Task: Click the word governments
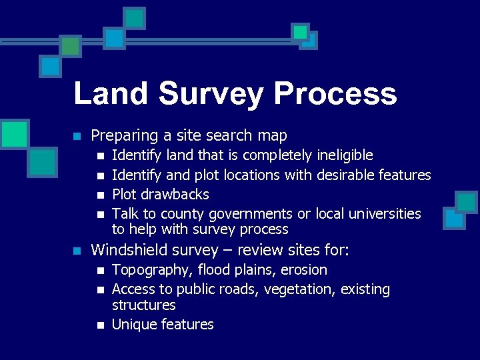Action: click(x=251, y=214)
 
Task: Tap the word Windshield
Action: click(x=127, y=250)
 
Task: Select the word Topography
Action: click(x=145, y=270)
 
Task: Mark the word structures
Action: click(x=143, y=305)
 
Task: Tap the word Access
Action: click(x=133, y=289)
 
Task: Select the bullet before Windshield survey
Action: click(x=77, y=251)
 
